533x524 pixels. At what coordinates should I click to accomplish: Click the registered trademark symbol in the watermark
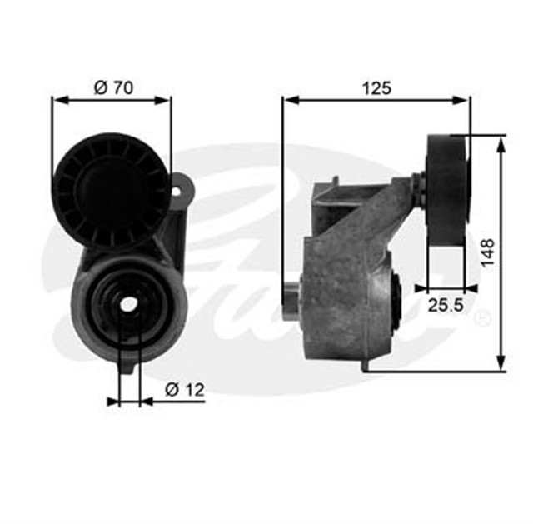click(x=481, y=319)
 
